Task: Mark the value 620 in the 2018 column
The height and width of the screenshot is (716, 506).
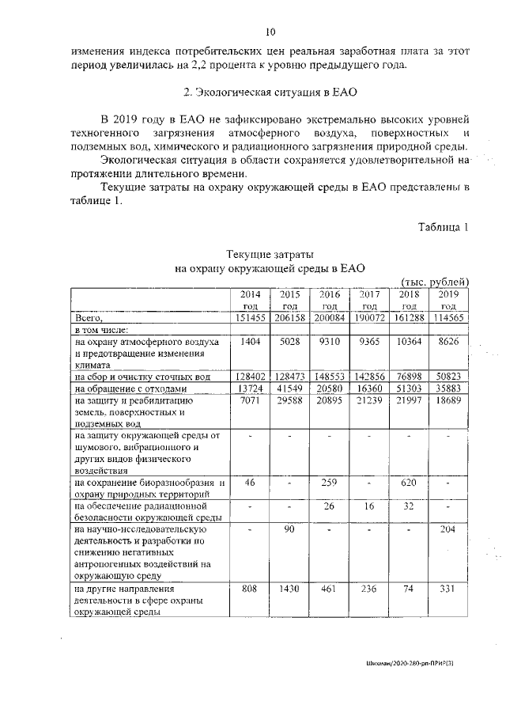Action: (x=409, y=482)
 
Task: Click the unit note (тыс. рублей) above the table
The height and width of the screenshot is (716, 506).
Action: (x=436, y=282)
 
